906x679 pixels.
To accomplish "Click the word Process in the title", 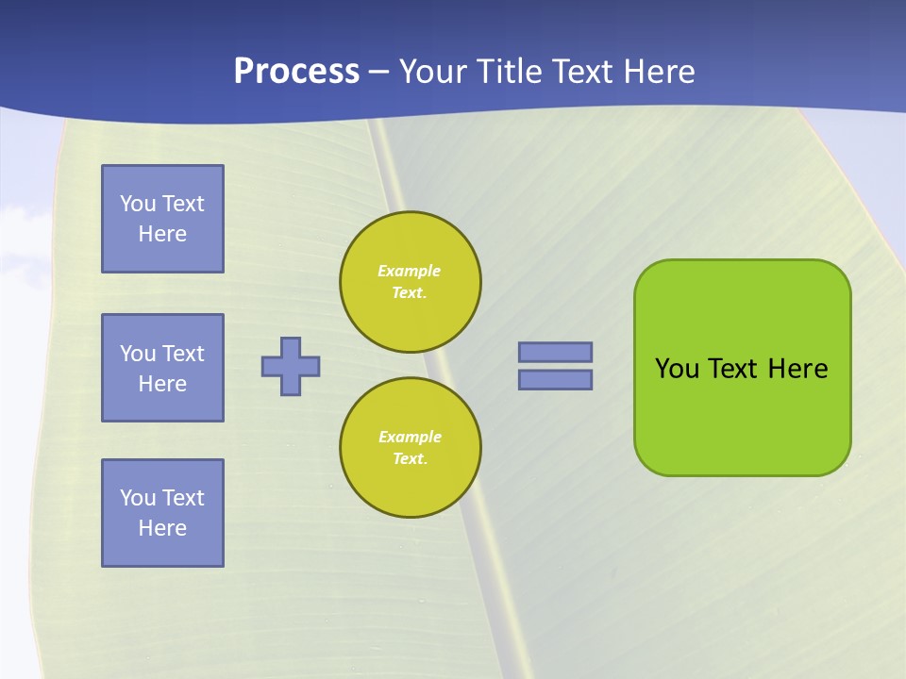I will click(x=296, y=72).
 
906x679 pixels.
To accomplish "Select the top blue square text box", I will click(x=162, y=219).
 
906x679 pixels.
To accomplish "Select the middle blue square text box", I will click(x=162, y=368).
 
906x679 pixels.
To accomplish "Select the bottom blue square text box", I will click(x=162, y=513).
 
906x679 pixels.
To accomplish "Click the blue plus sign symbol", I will click(x=291, y=366).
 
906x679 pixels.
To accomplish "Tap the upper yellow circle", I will click(x=411, y=282).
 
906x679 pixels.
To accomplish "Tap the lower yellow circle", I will click(x=411, y=448).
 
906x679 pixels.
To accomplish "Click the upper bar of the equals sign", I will click(x=555, y=352).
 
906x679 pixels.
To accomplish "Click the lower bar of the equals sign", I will click(x=555, y=379).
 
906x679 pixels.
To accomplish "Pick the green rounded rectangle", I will click(x=743, y=415).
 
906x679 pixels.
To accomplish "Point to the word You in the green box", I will click(x=677, y=369).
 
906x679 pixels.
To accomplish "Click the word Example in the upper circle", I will click(x=410, y=271).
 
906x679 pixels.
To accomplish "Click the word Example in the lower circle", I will click(x=410, y=437).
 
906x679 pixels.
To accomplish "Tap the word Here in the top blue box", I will click(x=162, y=234).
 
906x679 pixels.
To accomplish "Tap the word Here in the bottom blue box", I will click(x=162, y=528).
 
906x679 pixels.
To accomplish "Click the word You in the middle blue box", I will click(x=138, y=354).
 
